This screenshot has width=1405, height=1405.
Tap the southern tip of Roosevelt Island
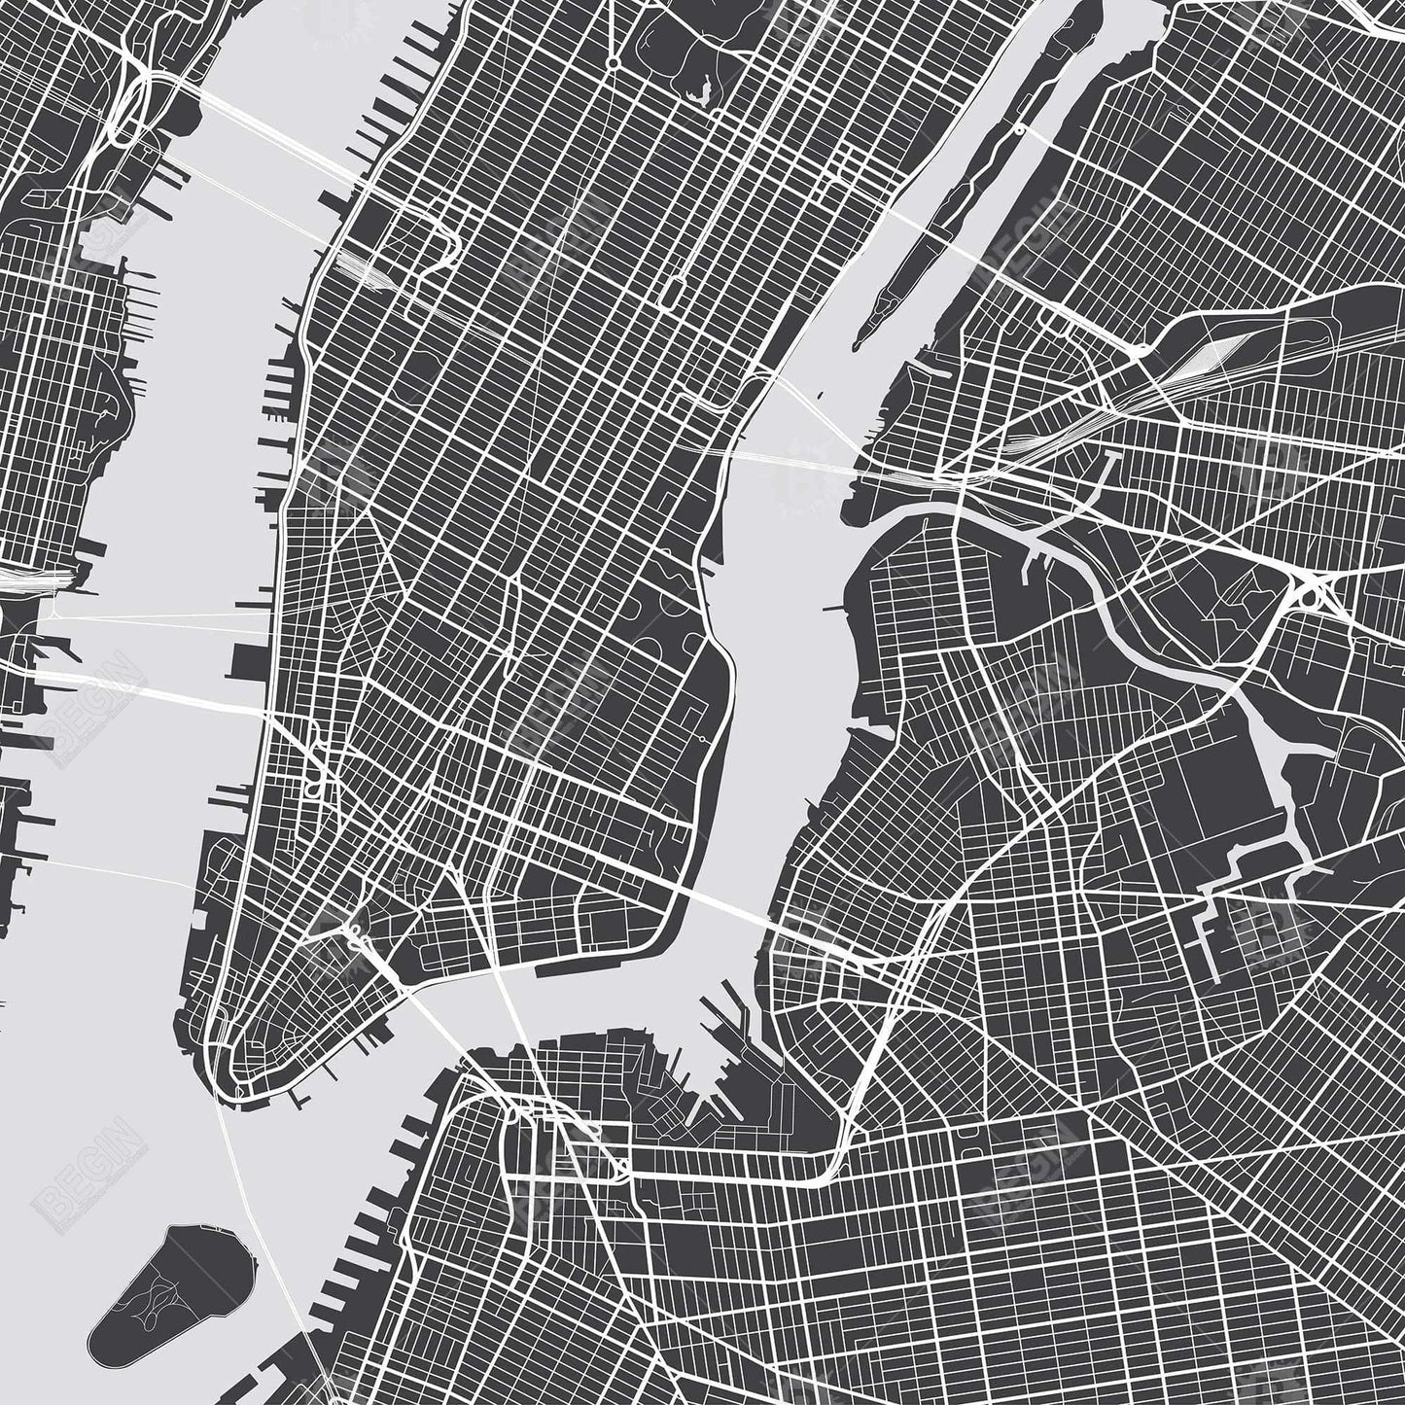[858, 344]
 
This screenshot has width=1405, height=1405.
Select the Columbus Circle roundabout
[615, 63]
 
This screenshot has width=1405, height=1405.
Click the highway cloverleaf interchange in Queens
[1312, 588]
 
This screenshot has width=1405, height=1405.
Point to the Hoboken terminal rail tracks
[39, 579]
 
